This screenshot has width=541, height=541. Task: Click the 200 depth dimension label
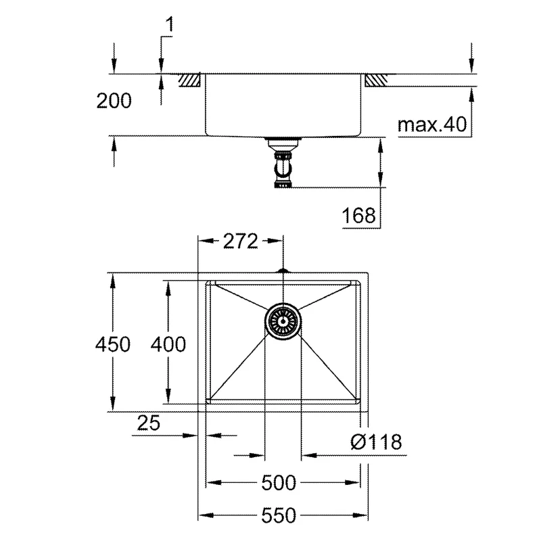tap(114, 101)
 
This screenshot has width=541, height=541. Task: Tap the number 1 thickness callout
tap(169, 24)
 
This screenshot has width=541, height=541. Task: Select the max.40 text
tap(432, 124)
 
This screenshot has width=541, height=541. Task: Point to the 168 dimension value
tap(358, 215)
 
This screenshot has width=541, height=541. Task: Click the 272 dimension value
tap(241, 241)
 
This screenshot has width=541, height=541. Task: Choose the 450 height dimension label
tap(113, 344)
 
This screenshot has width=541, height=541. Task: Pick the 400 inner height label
tap(168, 344)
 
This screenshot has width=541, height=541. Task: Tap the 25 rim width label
tap(149, 423)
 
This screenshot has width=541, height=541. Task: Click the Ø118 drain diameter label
tap(376, 442)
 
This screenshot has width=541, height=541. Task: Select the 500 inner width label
tap(279, 483)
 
